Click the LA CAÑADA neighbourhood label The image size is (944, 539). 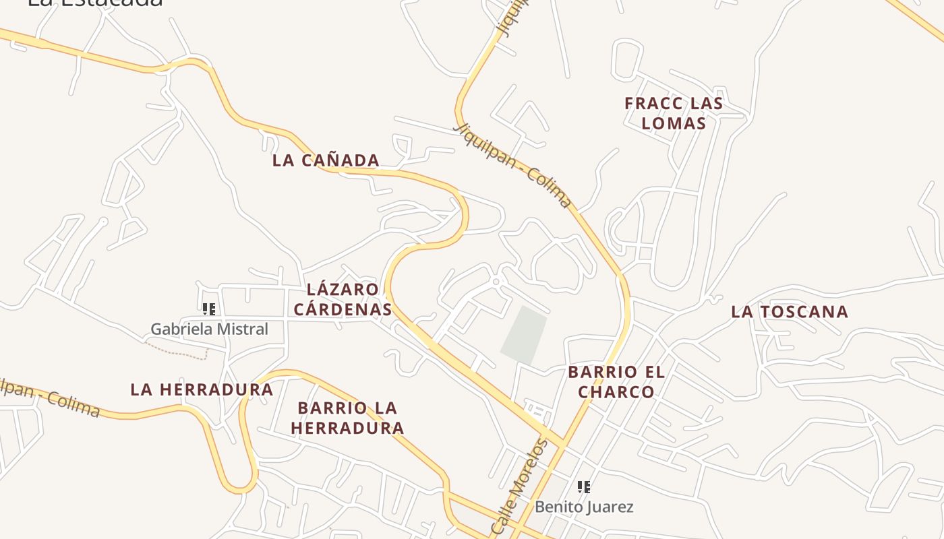click(326, 160)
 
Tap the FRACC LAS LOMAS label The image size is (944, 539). click(673, 113)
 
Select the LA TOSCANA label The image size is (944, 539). click(790, 312)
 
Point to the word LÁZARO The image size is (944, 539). click(343, 290)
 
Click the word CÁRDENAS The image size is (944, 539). click(343, 309)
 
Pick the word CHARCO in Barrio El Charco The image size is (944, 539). click(616, 392)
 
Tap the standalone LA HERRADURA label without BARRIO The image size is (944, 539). click(202, 389)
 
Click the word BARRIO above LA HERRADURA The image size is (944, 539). click(347, 408)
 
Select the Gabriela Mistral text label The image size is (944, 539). click(209, 329)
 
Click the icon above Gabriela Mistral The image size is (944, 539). click(209, 309)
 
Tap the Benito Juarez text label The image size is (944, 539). click(584, 507)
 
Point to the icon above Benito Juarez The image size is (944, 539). click(584, 486)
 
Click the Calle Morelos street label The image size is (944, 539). click(519, 486)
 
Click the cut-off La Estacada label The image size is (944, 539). click(94, 3)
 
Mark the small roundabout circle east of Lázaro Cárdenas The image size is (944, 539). click(496, 282)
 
